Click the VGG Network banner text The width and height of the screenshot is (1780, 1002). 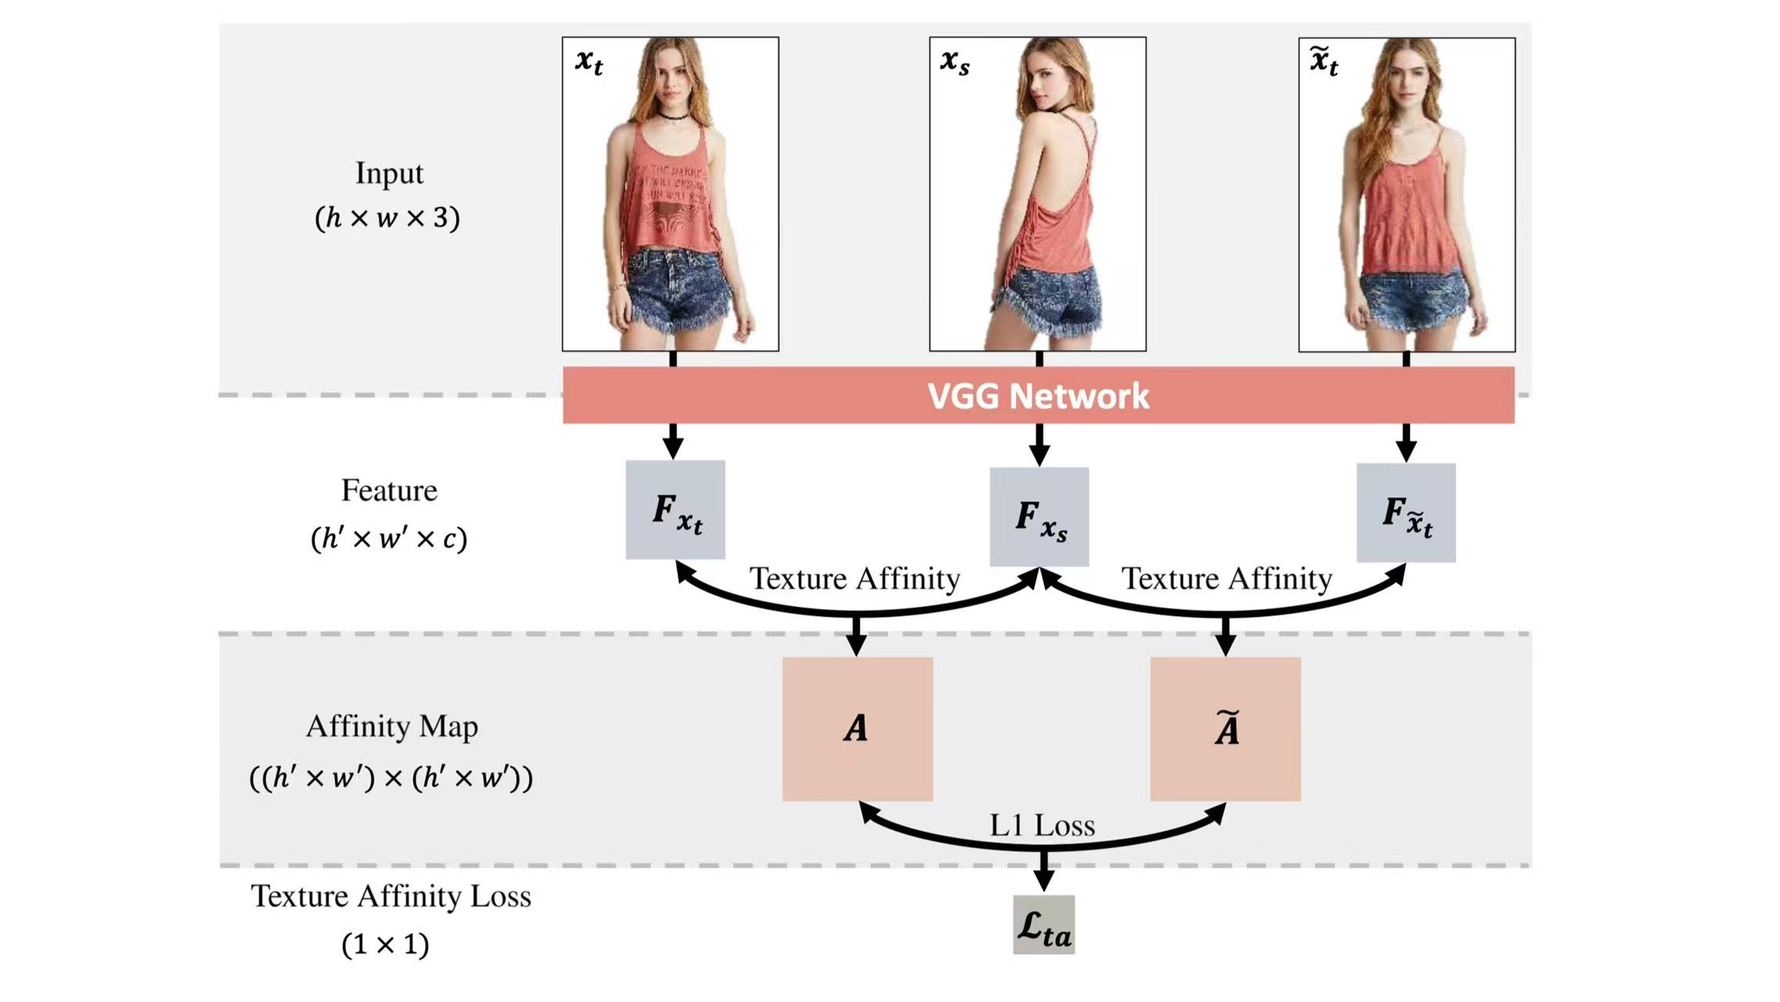tap(1038, 396)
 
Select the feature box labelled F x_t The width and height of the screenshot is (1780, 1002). tap(675, 510)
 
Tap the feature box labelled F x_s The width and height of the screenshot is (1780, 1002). tap(1039, 517)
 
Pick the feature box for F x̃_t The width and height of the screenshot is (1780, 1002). tap(1406, 514)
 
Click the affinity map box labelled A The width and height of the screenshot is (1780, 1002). tap(857, 729)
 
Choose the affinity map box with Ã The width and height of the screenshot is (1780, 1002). tap(1225, 729)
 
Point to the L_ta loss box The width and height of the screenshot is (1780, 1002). tap(1043, 925)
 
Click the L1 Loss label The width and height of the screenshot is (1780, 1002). tap(1042, 826)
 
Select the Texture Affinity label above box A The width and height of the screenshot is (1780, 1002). tap(855, 579)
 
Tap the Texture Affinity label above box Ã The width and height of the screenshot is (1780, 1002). tap(1227, 579)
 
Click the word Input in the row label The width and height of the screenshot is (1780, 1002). tap(389, 173)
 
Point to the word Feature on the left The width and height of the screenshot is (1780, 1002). tap(389, 491)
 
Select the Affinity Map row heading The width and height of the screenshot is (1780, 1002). tap(391, 726)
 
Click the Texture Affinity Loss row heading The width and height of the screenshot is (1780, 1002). tap(391, 896)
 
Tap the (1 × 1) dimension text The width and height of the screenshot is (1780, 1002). tap(385, 944)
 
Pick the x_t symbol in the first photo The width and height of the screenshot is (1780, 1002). tap(589, 61)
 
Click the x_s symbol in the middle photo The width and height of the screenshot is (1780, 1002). tap(955, 61)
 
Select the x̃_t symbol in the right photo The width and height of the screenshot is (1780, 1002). tap(1324, 61)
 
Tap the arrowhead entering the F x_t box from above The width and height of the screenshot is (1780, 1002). tap(673, 449)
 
